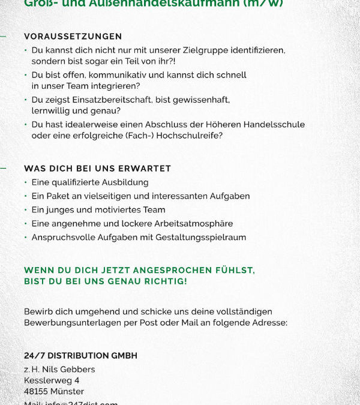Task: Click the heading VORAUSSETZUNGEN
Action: point(73,37)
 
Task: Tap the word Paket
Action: point(59,196)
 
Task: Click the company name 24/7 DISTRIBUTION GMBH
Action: point(80,356)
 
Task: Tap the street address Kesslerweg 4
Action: point(52,380)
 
